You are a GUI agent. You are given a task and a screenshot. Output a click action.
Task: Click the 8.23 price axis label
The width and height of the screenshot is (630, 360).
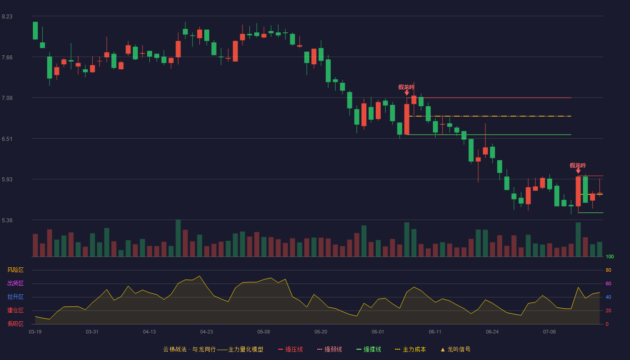(7, 17)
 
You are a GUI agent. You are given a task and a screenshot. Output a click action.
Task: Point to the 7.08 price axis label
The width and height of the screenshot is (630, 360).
(7, 98)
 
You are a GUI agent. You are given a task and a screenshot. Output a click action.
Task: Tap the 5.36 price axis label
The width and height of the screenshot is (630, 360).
(7, 220)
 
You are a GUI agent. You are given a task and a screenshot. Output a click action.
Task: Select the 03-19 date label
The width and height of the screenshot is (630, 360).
(35, 332)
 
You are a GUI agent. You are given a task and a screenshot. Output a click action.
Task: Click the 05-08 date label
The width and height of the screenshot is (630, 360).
(264, 332)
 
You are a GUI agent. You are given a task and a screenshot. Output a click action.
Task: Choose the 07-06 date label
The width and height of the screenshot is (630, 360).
(549, 332)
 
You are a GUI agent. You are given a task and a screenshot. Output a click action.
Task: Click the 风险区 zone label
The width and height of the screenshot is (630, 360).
(15, 270)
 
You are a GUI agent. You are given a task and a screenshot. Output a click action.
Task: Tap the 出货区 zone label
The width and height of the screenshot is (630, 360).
(15, 283)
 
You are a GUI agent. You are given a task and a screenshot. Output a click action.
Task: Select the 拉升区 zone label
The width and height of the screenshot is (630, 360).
(15, 297)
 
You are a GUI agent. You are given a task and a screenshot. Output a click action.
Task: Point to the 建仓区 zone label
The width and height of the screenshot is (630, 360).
(15, 310)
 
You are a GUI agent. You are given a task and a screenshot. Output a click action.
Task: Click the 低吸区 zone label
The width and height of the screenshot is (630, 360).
(15, 324)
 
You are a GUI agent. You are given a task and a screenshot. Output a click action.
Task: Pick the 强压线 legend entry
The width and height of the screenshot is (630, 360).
(290, 349)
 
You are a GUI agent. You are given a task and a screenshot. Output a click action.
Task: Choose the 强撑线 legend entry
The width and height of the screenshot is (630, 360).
(369, 349)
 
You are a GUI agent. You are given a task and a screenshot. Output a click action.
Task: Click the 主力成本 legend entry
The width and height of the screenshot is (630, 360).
(410, 349)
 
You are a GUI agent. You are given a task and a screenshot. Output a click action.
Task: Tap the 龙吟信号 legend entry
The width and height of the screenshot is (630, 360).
(455, 349)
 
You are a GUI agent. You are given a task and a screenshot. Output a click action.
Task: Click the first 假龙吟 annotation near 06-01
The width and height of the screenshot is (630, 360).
(406, 87)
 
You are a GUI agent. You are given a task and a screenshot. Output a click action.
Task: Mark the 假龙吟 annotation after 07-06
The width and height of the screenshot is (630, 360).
(578, 166)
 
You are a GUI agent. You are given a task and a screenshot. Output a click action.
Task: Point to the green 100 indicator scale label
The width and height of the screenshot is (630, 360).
(610, 256)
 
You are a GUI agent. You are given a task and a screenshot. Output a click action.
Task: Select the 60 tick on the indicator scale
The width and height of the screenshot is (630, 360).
(608, 283)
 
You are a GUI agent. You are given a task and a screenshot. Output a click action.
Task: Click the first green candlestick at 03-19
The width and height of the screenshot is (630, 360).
(35, 31)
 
